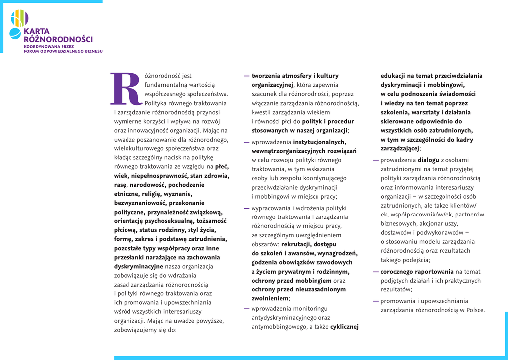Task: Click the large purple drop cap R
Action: click(x=125, y=89)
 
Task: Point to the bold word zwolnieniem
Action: click(x=270, y=298)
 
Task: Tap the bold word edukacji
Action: click(x=395, y=76)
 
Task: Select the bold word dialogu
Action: click(x=428, y=160)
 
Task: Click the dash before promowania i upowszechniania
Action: click(x=376, y=301)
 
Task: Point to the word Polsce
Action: click(x=474, y=310)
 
